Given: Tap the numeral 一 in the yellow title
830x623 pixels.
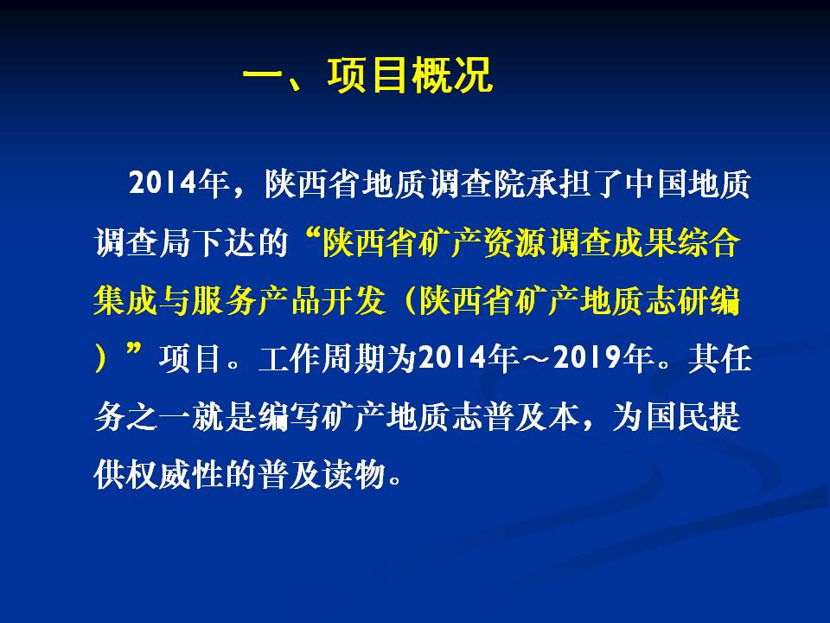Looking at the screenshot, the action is [x=263, y=75].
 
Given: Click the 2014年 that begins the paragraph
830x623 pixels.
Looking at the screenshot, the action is [x=179, y=183].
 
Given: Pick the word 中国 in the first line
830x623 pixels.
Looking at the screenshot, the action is [x=656, y=183].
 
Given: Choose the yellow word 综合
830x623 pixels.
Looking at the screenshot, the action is [x=708, y=242].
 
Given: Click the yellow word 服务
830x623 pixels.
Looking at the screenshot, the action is [x=223, y=300].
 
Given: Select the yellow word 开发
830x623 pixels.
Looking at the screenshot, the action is [x=353, y=300].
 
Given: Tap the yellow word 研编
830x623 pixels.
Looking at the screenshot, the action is [x=708, y=300].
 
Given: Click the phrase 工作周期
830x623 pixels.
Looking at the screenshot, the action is [x=322, y=358].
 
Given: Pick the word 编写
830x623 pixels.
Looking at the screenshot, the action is [x=289, y=416].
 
